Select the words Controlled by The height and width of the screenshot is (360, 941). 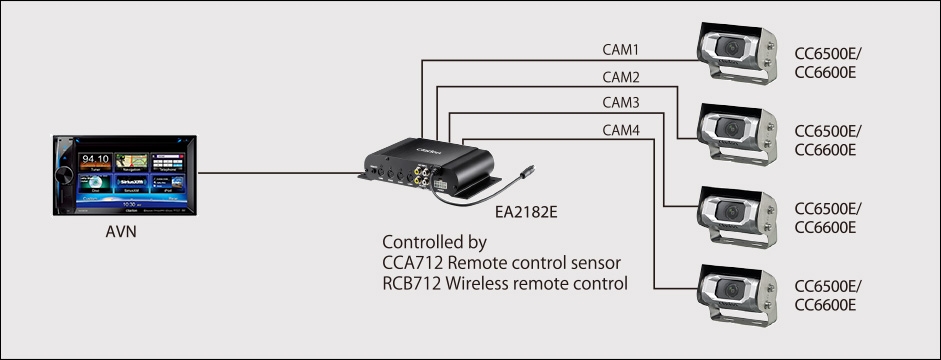coord(434,243)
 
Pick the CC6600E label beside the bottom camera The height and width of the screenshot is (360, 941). coord(824,305)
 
